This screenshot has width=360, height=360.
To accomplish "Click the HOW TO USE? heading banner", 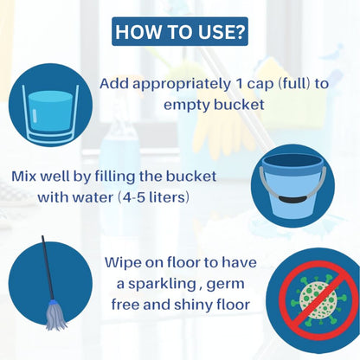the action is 180,31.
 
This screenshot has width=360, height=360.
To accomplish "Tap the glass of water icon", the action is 50,113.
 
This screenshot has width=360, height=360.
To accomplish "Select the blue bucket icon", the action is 292,185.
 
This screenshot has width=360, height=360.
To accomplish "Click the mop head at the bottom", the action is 56,315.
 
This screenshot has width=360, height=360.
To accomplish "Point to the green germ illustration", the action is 318,300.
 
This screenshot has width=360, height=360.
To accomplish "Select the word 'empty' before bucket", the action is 187,106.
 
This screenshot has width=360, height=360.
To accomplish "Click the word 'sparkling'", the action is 162,285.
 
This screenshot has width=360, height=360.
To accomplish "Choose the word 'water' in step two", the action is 93,198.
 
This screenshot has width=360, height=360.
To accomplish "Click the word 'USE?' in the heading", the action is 216,32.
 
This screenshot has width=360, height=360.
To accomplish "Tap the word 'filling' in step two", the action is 114,177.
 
